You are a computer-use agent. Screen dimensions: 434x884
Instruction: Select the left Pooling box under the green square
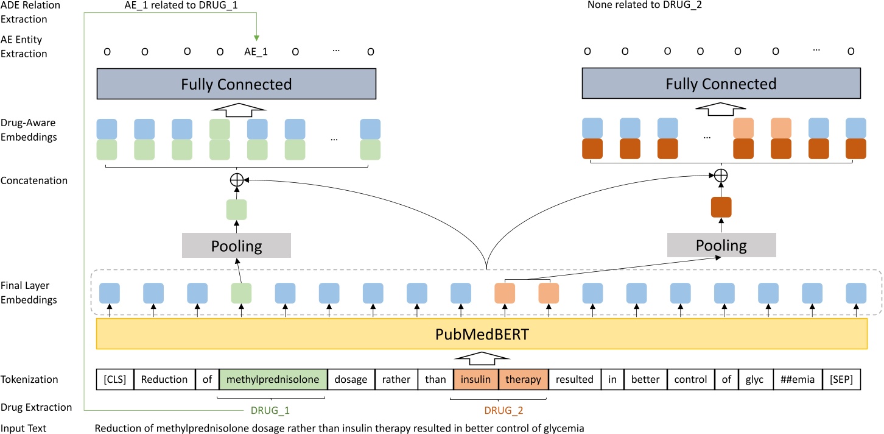pos(236,246)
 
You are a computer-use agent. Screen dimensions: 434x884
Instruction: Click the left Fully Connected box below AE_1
pos(236,84)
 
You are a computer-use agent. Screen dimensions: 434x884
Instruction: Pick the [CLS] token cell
pos(115,379)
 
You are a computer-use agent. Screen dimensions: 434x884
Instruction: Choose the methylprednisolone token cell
pos(273,379)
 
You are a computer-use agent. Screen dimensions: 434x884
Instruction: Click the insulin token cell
pos(475,379)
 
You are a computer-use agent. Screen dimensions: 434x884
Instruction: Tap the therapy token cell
pos(524,379)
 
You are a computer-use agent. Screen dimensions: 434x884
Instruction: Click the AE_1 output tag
pos(256,52)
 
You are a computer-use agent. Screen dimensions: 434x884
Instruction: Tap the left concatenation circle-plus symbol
pos(236,180)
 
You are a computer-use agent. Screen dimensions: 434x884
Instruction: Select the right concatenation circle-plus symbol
pos(721,176)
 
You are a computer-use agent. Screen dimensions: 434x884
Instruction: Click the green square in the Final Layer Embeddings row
pos(241,293)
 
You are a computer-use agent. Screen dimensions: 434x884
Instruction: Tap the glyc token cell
pos(755,379)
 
